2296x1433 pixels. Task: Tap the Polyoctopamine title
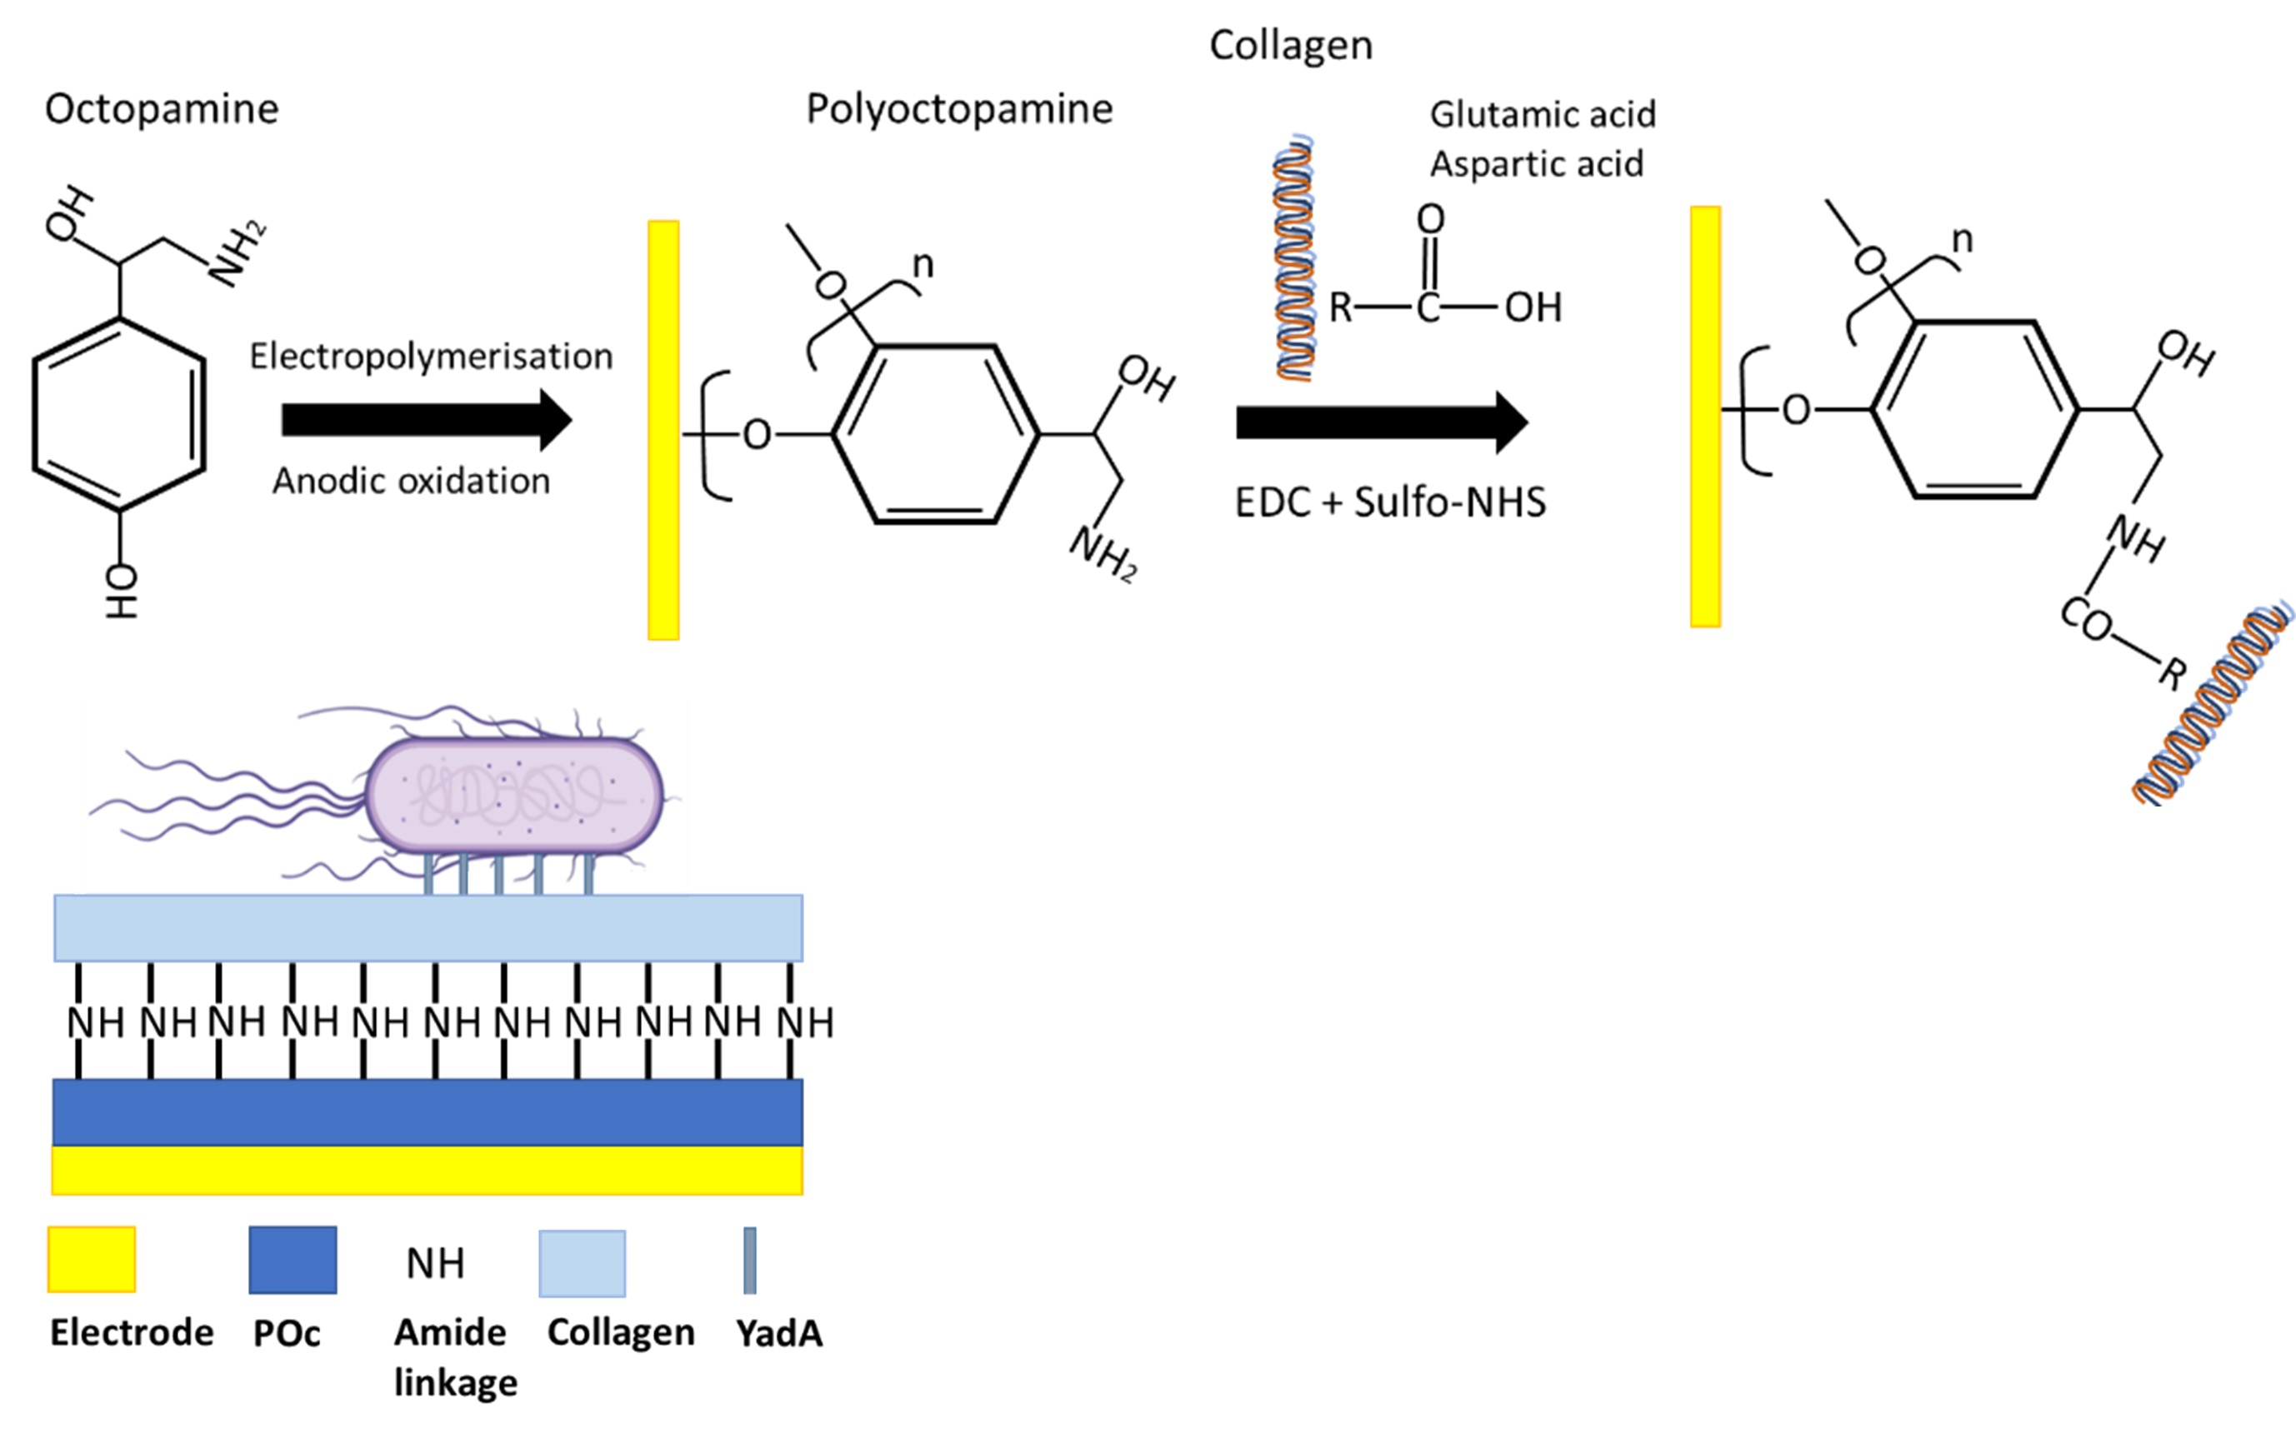coord(958,109)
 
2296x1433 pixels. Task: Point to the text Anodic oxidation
coord(411,482)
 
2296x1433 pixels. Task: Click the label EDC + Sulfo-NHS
coord(1390,502)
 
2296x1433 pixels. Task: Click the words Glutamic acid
coord(1543,115)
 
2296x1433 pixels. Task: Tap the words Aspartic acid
coord(1536,164)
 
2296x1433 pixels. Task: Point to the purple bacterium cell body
coord(514,793)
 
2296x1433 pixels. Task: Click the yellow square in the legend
coord(92,1259)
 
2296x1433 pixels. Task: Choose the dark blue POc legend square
coord(292,1260)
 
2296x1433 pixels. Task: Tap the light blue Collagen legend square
coord(582,1262)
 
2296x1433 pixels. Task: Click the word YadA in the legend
coord(778,1334)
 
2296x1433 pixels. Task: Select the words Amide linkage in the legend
coord(453,1357)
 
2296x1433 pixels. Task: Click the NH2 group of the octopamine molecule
coord(237,253)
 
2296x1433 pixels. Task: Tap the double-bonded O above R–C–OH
coord(1429,220)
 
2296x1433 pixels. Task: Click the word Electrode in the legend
coord(132,1332)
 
